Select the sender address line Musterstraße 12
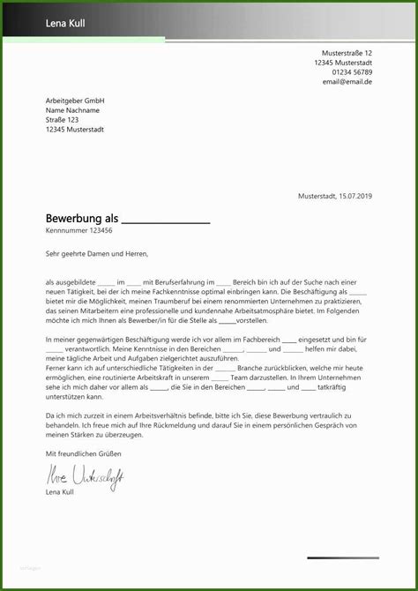click(x=347, y=53)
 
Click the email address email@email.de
click(x=347, y=81)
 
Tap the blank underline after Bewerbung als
click(x=164, y=220)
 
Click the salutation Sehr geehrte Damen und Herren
click(x=97, y=254)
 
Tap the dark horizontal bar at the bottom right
click(x=343, y=557)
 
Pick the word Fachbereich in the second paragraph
click(x=259, y=340)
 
